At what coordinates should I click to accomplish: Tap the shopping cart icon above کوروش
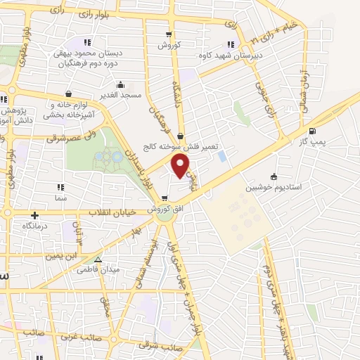[x=168, y=34]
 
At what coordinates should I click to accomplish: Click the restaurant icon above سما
[x=60, y=188]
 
